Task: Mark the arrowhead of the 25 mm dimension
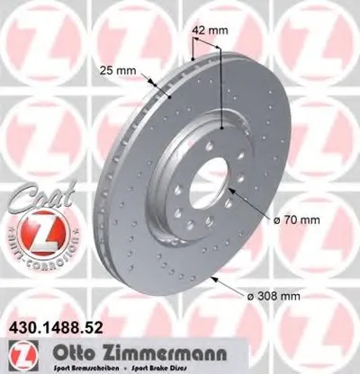point(158,85)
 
